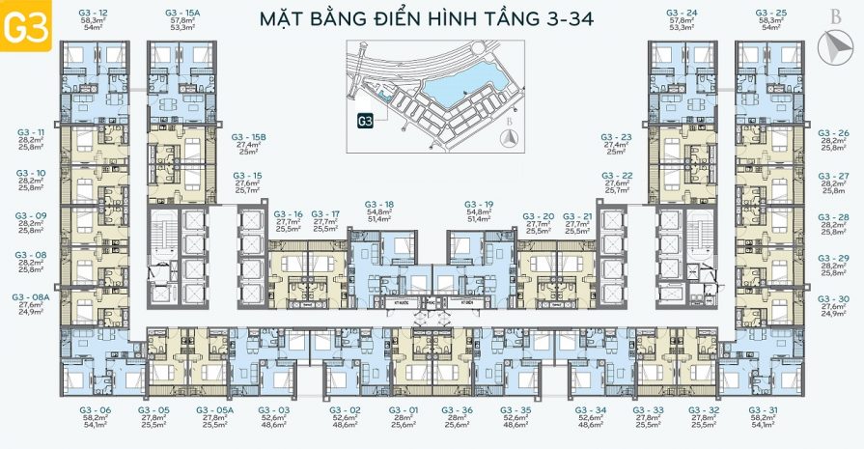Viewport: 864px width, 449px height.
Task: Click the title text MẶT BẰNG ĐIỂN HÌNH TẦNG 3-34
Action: click(428, 18)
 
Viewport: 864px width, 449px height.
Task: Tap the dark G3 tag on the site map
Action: click(366, 122)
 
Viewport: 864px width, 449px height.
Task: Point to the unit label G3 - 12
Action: click(93, 13)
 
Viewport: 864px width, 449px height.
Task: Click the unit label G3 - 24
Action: click(683, 13)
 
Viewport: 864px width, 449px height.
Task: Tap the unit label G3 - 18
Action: click(379, 205)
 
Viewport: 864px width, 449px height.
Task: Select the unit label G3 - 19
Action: click(479, 205)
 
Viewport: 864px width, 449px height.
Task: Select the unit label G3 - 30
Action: click(833, 298)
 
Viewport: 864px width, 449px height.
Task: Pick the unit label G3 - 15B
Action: click(248, 137)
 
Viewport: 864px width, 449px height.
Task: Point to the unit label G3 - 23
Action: click(616, 137)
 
